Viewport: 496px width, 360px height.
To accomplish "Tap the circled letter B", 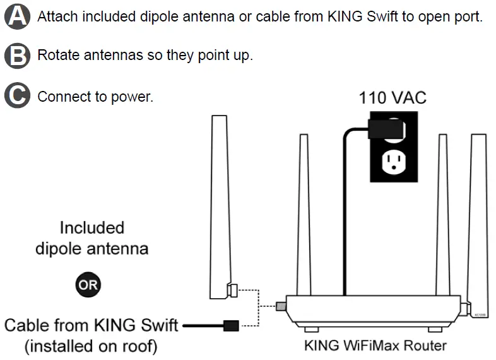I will (x=16, y=56).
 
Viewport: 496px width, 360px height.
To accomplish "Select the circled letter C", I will (x=16, y=97).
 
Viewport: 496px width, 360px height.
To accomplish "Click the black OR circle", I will (x=88, y=285).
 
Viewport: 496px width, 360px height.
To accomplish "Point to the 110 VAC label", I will (x=393, y=98).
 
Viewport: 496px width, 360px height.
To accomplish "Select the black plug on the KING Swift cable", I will (x=232, y=326).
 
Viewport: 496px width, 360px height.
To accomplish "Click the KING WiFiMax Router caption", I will (x=375, y=345).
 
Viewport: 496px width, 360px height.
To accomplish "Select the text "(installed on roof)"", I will (x=91, y=346).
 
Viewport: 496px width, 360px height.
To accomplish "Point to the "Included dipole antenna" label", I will (x=92, y=237).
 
